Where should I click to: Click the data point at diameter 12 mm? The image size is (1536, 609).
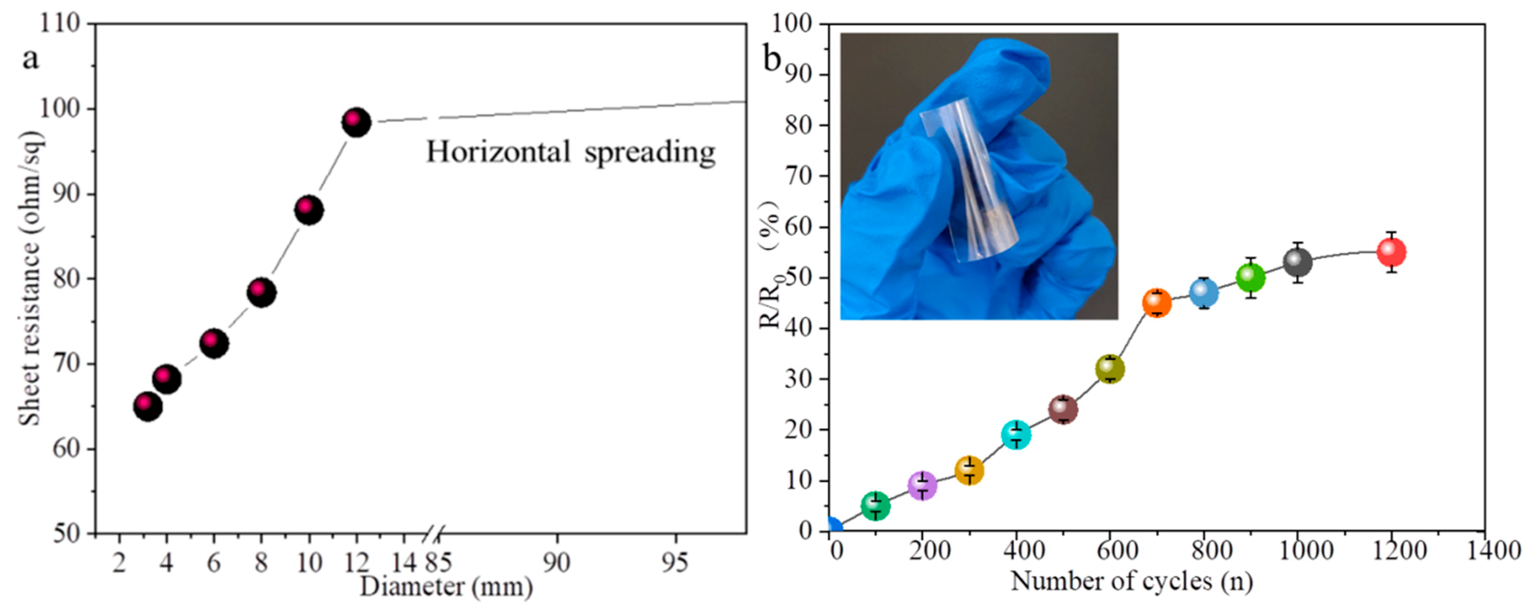coord(356,122)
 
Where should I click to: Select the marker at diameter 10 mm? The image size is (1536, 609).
coord(308,210)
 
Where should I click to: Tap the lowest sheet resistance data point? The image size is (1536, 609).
coord(148,406)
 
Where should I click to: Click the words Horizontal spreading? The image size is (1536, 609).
coord(570,152)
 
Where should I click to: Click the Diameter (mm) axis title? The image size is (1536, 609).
coord(446,587)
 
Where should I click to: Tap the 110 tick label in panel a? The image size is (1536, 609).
coord(59,24)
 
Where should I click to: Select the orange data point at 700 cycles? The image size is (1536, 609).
coord(1157,303)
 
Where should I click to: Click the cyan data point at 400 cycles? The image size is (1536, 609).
coord(1016,435)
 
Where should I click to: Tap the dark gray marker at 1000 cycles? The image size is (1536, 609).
coord(1297,262)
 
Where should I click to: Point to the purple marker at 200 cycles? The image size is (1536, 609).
coord(922,486)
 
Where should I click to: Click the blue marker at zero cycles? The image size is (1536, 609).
coord(832,527)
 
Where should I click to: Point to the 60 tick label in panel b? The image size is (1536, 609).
coord(799,227)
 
